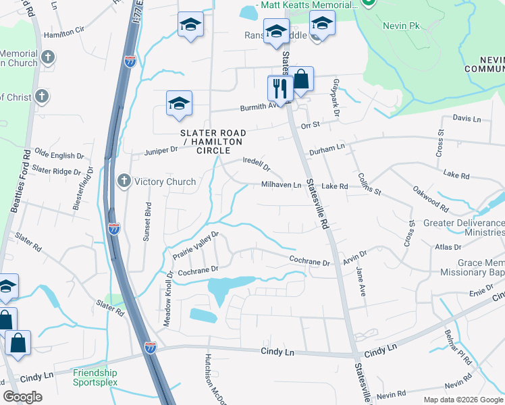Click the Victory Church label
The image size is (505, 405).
point(165,182)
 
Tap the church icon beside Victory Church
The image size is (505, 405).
point(124,181)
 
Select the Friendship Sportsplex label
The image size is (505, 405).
point(95,377)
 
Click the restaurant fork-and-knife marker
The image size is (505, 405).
point(279,88)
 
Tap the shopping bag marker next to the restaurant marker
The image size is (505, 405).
point(301,80)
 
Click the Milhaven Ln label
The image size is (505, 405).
point(282,186)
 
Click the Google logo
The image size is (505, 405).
point(22,397)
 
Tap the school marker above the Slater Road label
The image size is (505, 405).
point(179,104)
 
